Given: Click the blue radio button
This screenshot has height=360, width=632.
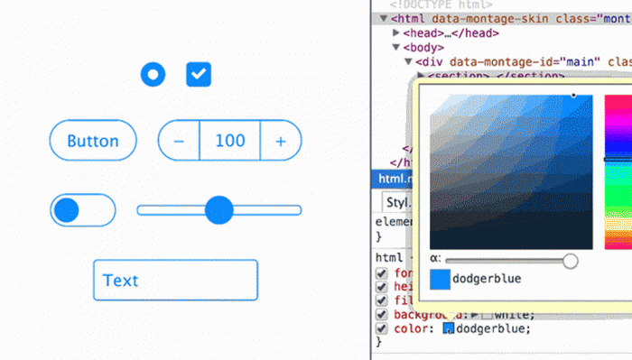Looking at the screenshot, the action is coord(153,75).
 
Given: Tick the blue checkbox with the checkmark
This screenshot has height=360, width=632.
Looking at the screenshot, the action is coord(199,75).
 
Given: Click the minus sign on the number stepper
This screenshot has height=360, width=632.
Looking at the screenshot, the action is coord(179,142).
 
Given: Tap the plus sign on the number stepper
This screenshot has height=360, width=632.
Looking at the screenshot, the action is coord(281,142).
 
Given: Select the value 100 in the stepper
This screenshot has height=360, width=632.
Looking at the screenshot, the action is coord(230,142).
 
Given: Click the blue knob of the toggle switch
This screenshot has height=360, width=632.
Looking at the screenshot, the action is coord(67,211).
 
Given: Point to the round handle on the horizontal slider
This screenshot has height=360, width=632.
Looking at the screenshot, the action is coord(219,210).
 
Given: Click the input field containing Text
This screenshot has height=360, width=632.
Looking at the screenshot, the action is coord(175,281).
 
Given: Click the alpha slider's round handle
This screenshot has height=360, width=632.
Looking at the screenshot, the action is coord(570,261).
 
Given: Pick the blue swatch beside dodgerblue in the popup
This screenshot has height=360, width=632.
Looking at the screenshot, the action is coord(440,280).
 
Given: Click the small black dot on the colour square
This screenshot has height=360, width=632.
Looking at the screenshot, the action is coord(572,94).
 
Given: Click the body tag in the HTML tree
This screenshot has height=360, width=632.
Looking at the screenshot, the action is coord(424,47).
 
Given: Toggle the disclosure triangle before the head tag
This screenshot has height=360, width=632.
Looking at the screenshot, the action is coord(397,33).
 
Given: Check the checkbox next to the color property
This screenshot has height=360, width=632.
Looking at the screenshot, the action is coord(381,329).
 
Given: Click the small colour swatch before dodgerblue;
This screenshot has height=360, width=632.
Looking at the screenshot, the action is coord(447,329).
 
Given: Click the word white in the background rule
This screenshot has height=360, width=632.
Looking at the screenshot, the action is coord(513,314).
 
